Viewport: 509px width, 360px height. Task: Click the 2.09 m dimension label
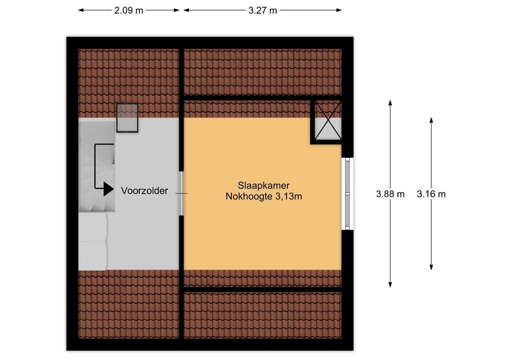click(128, 10)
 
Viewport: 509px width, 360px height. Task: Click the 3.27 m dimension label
click(262, 10)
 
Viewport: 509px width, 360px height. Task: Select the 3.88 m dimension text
click(390, 194)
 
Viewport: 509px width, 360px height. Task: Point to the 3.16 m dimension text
click(431, 194)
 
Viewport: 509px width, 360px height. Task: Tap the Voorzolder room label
click(144, 190)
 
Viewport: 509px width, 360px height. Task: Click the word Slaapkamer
click(263, 185)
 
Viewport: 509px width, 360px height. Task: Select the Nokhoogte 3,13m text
click(264, 196)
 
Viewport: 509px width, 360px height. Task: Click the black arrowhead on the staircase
click(108, 188)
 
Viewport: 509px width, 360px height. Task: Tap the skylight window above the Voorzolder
click(127, 117)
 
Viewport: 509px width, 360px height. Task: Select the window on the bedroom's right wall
click(347, 194)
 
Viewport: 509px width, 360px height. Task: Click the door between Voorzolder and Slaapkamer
click(181, 193)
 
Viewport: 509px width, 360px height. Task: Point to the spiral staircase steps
click(96, 166)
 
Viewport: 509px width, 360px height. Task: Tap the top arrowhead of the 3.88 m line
click(390, 102)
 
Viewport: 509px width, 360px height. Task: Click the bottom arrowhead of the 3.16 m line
click(431, 267)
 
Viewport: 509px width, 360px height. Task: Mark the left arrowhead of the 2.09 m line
click(81, 10)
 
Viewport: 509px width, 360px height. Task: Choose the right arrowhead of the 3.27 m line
click(338, 10)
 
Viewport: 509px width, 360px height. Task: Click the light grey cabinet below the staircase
click(92, 241)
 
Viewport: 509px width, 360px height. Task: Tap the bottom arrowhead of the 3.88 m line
click(390, 284)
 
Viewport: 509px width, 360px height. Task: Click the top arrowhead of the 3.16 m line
click(431, 120)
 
